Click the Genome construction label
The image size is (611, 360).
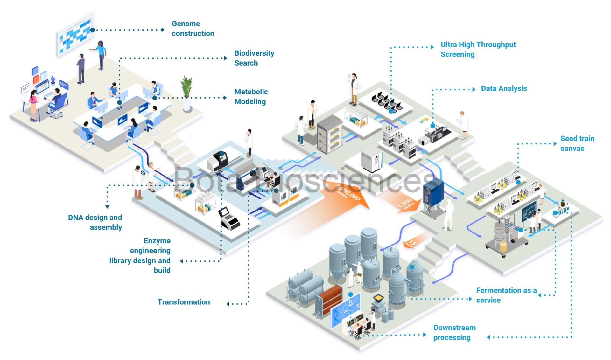point(193,29)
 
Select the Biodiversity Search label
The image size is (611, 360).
point(254,58)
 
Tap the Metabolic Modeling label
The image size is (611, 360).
point(251,96)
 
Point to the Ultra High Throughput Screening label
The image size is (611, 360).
point(478,49)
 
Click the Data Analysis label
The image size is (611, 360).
point(503,88)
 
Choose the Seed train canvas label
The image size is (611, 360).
point(577,143)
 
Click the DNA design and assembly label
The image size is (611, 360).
point(95,222)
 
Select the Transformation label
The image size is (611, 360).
point(184,302)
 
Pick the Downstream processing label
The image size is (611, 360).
point(454,332)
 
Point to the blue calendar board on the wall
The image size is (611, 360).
point(75,34)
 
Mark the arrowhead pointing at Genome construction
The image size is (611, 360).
point(163,30)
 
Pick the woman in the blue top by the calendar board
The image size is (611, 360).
point(101,55)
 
